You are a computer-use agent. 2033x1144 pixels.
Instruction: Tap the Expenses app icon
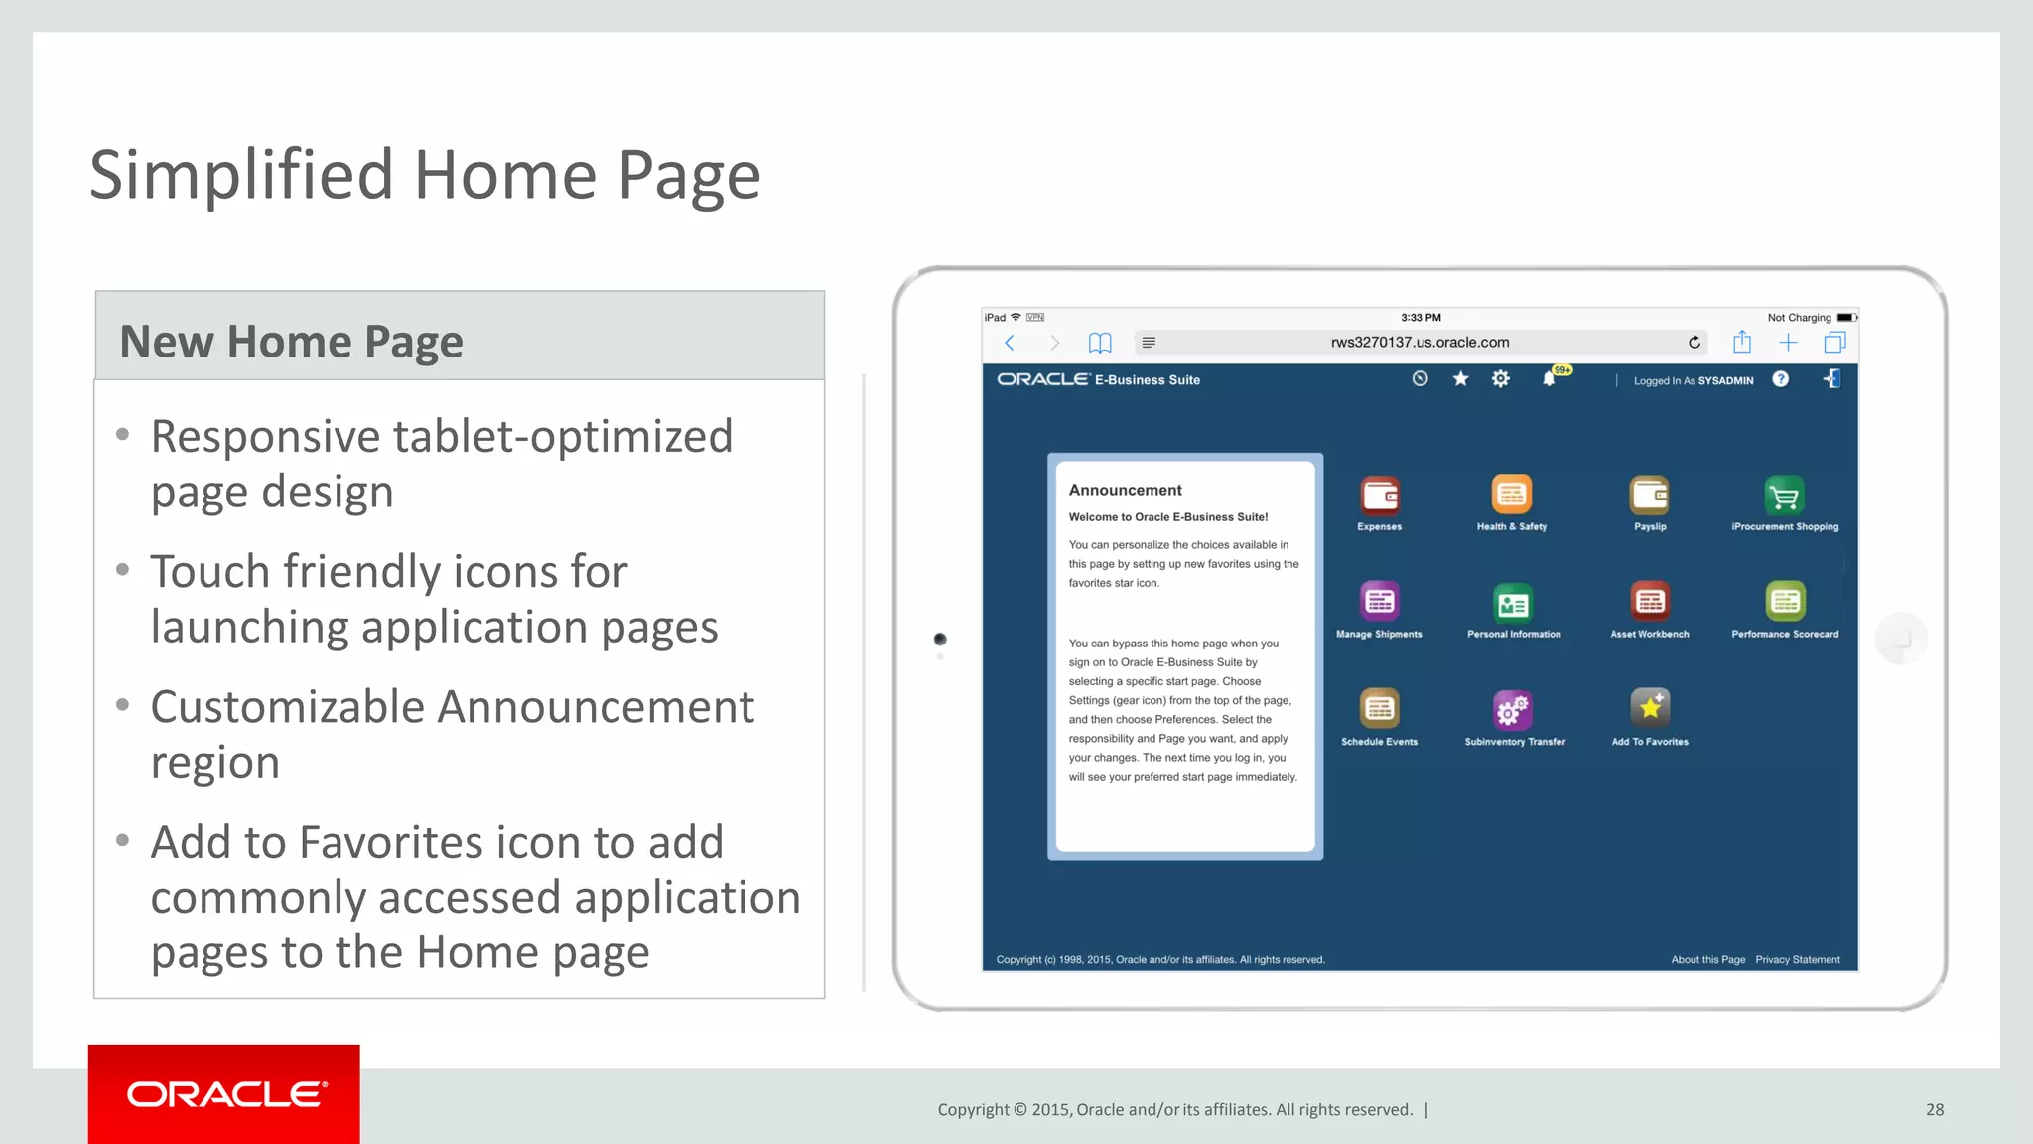pos(1380,495)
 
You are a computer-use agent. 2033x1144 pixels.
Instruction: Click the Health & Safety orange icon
pos(1512,495)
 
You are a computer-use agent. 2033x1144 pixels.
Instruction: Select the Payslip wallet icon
pos(1650,495)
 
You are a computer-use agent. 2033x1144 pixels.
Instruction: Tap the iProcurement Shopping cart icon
pos(1785,495)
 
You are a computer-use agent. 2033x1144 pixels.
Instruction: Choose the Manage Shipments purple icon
pos(1380,601)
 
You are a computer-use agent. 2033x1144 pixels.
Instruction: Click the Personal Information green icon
pos(1513,602)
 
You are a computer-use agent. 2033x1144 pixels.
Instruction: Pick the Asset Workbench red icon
pos(1650,601)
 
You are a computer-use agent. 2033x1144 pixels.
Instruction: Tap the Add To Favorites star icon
pos(1650,708)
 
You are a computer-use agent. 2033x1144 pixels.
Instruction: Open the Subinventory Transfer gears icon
pos(1513,709)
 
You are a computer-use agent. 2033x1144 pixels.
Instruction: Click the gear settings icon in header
pos(1501,379)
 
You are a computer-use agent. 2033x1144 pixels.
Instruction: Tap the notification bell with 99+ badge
pos(1549,379)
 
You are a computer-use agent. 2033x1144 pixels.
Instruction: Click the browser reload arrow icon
pos(1694,343)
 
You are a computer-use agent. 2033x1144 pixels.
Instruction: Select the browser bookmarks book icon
pos(1100,343)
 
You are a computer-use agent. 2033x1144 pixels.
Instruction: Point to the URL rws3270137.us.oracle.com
pos(1420,343)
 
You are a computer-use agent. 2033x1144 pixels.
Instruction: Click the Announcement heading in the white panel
pos(1125,490)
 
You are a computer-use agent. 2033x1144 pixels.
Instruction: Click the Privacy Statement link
pos(1797,959)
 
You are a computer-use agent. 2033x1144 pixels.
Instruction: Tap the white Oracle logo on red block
pos(225,1094)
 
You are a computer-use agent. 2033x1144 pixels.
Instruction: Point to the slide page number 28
pos(1935,1110)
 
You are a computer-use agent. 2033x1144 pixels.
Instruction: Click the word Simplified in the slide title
pos(242,176)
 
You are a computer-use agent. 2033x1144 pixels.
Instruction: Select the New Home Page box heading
pos(291,342)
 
